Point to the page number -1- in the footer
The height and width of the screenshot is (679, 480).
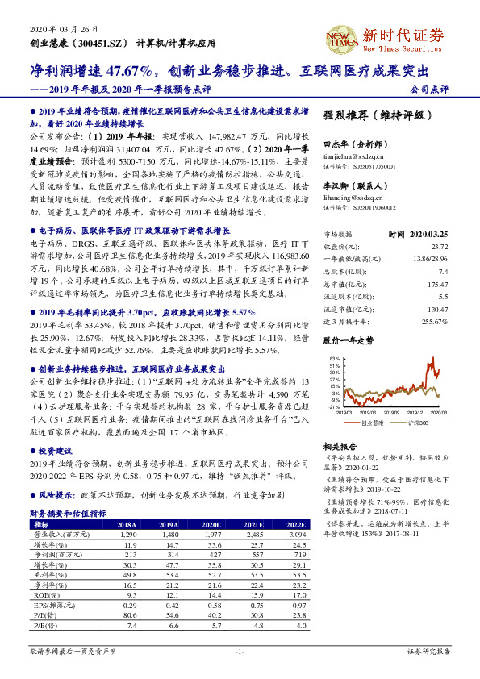tap(239, 650)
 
